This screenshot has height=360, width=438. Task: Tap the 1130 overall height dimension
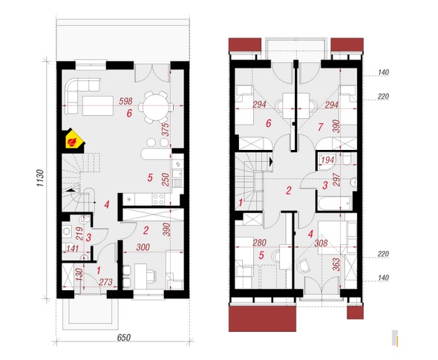[40, 178]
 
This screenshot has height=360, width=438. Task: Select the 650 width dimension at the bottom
[124, 338]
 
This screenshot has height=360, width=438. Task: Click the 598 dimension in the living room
[125, 101]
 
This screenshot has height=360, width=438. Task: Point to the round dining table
[155, 107]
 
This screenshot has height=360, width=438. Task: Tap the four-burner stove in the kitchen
[158, 199]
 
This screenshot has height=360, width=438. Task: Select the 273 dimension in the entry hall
[106, 282]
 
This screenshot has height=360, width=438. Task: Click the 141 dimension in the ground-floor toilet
[72, 248]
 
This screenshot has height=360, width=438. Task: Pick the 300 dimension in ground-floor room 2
[143, 247]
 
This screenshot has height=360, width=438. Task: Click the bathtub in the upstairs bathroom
[334, 203]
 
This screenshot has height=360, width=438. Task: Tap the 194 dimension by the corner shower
[327, 160]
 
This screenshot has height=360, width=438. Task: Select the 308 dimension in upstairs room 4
[321, 243]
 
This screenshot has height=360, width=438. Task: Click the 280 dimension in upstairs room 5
[259, 243]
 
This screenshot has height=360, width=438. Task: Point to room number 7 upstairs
[321, 127]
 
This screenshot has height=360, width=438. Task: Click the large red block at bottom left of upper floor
[262, 318]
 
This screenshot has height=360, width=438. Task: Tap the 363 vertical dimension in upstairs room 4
[336, 264]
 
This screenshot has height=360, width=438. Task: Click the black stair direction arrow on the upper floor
[271, 162]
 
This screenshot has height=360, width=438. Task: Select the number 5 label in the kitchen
[150, 177]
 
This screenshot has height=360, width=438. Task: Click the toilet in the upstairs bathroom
[347, 160]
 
